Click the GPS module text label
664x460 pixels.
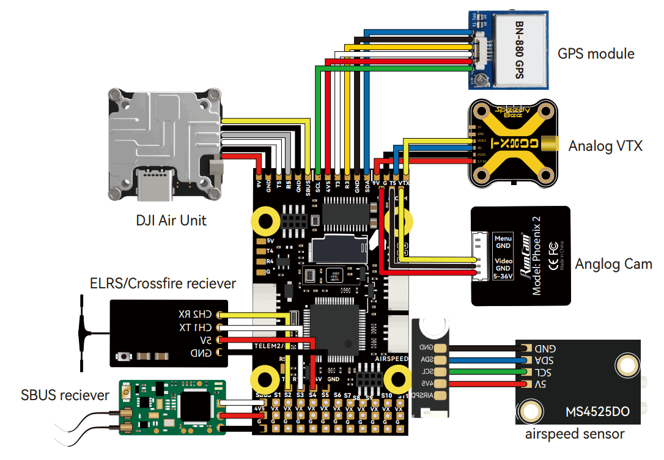coord(596,54)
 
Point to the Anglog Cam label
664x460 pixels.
coord(613,265)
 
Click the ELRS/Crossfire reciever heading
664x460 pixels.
coord(163,283)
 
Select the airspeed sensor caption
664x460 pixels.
coord(575,434)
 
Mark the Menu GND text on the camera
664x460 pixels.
coord(503,242)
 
